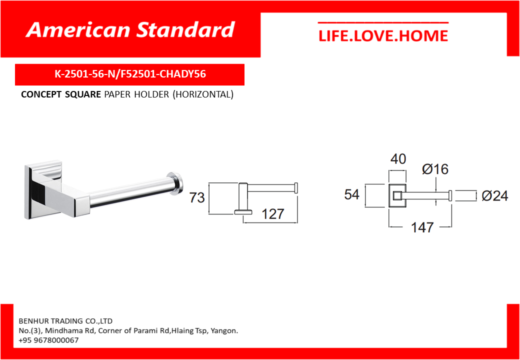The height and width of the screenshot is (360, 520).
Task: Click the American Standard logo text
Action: tap(130, 30)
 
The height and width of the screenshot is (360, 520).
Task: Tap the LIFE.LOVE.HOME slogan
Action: tap(383, 36)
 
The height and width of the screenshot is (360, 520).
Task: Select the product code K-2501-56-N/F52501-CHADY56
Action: tap(130, 74)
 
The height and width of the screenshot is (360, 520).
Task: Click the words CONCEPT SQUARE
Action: tap(60, 95)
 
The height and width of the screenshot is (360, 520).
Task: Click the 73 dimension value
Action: tap(197, 198)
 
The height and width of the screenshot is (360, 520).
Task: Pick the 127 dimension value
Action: tap(273, 214)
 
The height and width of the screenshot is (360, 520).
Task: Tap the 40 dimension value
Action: tap(398, 159)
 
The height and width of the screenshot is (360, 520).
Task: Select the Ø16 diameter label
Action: tap(435, 169)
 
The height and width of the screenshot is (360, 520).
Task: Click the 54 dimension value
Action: tap(352, 194)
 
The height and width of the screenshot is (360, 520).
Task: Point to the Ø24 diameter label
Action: tap(495, 196)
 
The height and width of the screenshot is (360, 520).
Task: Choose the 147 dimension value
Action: tap(422, 227)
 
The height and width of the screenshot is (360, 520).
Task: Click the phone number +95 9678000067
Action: tap(49, 340)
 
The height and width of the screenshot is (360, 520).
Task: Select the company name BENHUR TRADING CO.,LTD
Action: tap(65, 321)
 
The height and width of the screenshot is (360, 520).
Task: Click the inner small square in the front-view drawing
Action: tap(397, 196)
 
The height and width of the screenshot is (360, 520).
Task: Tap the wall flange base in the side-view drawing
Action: tap(243, 212)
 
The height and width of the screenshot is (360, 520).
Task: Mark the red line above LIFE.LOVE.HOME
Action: tap(383, 23)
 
